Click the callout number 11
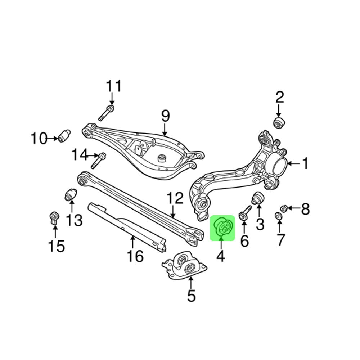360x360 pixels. point(114,87)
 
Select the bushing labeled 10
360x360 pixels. point(65,135)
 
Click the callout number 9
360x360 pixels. point(165,116)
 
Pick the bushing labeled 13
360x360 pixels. point(71,194)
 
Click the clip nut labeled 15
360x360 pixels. point(54,218)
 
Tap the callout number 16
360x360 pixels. point(135,257)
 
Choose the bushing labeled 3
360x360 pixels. point(258,198)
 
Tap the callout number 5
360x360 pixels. point(191,296)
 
